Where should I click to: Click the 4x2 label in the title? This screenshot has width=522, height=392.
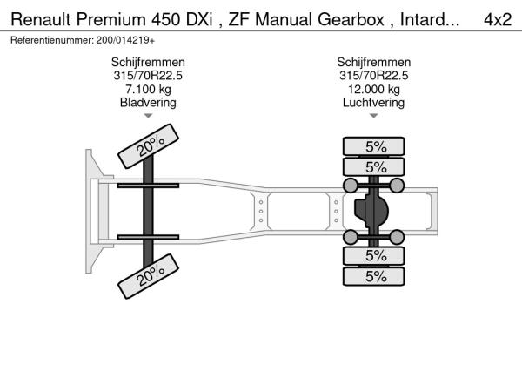coord(498,19)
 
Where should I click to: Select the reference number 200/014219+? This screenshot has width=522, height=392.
coord(125,40)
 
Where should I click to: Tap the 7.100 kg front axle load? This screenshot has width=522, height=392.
coord(148,90)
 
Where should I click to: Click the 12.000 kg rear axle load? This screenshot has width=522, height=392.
coord(373,90)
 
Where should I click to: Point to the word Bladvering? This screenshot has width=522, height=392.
coord(148,103)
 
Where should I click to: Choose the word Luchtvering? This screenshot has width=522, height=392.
coord(373,103)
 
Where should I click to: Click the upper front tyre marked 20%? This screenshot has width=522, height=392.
coord(149,146)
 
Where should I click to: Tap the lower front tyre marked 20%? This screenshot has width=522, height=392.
coord(149,276)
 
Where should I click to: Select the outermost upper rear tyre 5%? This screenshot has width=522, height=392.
coord(373,146)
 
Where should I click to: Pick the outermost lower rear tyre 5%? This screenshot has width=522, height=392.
coord(373,276)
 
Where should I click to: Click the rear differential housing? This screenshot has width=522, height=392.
coord(371,211)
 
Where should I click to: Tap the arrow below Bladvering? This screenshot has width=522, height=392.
coord(148,116)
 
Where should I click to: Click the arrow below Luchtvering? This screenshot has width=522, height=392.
coord(373,116)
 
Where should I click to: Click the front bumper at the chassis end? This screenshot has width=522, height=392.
coord(97,211)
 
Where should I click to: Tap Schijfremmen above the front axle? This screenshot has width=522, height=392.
coord(148,63)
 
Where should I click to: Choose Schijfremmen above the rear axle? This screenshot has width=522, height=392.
coord(373,63)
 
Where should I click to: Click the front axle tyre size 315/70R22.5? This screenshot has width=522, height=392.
coord(148,76)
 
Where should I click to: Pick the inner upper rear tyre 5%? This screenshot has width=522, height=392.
coord(373,166)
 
